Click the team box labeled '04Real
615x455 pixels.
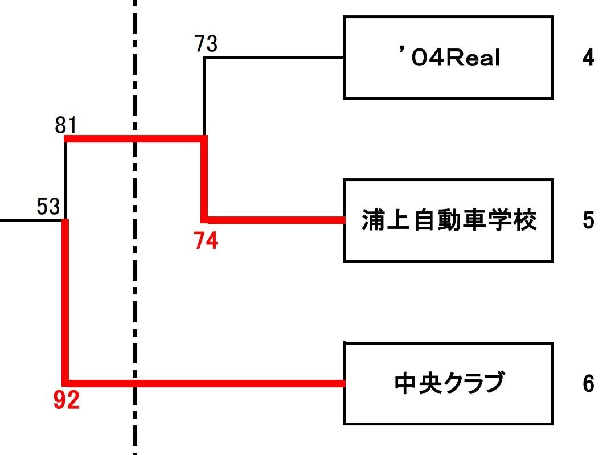tap(448, 58)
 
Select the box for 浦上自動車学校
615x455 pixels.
tap(448, 220)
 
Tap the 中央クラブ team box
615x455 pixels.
tap(448, 383)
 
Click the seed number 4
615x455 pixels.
tap(588, 58)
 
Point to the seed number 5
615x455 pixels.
tap(588, 220)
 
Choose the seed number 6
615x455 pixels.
tap(588, 384)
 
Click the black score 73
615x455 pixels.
tap(206, 43)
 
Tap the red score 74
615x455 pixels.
tap(206, 241)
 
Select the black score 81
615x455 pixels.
tap(66, 124)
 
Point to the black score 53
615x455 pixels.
tap(48, 206)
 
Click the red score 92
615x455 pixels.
tap(67, 402)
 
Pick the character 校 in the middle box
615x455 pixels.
tap(524, 220)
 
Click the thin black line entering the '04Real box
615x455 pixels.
tap(273, 57)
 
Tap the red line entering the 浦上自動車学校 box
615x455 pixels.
tap(273, 220)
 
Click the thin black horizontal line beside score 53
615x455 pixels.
tap(28, 219)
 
